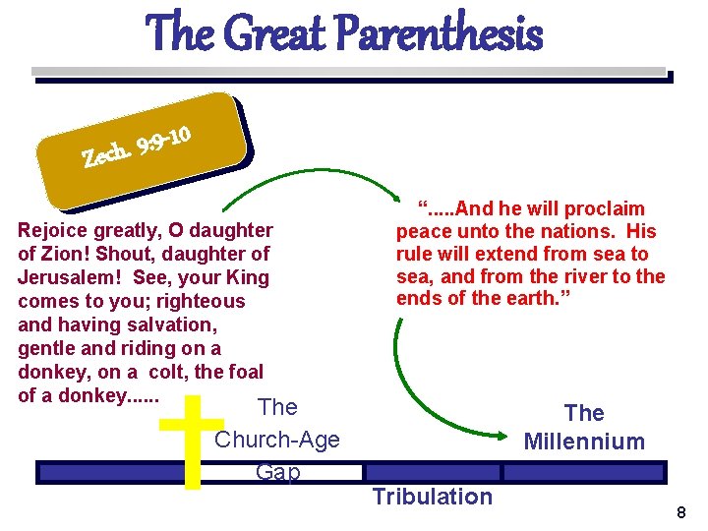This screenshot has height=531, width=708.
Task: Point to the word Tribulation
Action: click(x=432, y=497)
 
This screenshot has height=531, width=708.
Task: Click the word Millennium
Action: click(x=584, y=442)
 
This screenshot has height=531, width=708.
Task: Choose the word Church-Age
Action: click(x=277, y=440)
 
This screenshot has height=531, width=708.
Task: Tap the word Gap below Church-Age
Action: click(x=277, y=472)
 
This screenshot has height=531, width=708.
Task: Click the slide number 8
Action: click(x=681, y=512)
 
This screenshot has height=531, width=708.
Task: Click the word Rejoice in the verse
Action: click(x=52, y=231)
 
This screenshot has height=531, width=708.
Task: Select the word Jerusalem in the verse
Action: click(x=62, y=278)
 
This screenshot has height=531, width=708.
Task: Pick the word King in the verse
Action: click(x=247, y=278)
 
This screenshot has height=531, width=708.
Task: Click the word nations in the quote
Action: click(x=568, y=232)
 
